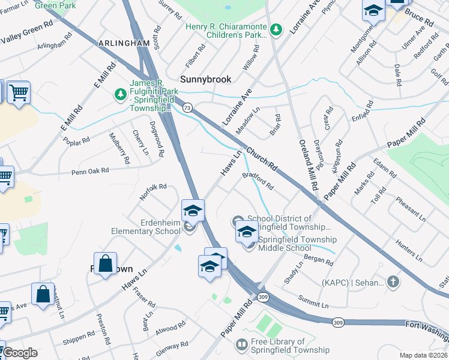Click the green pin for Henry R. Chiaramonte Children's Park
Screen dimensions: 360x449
click(x=276, y=28)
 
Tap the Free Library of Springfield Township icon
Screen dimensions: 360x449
click(x=241, y=345)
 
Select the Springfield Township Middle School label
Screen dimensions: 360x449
click(x=295, y=244)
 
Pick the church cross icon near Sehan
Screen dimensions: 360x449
click(x=393, y=281)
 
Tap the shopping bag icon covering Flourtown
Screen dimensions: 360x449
click(x=105, y=264)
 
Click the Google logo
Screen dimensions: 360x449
click(x=19, y=353)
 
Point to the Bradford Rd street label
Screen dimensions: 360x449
click(x=258, y=182)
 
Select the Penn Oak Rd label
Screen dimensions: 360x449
click(x=90, y=171)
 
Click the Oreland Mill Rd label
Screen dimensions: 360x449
click(x=307, y=164)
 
